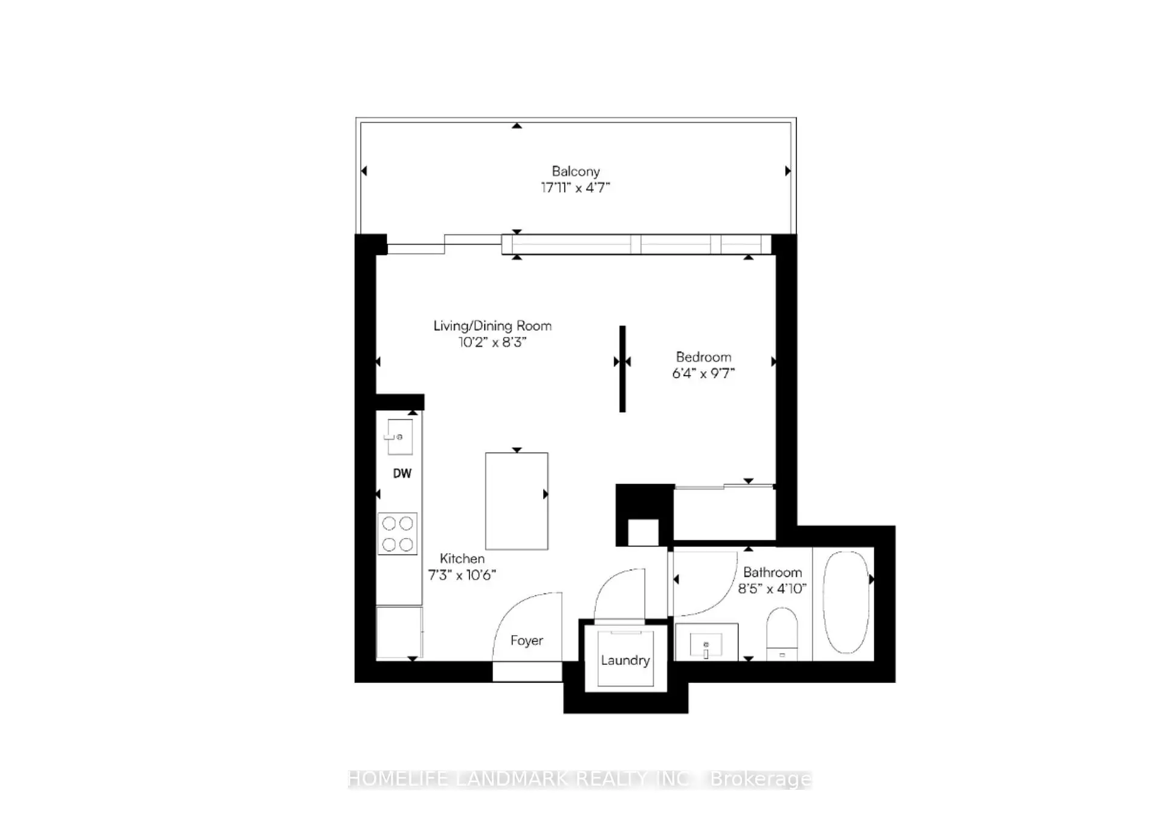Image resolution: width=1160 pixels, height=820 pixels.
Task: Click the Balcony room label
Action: [576, 171]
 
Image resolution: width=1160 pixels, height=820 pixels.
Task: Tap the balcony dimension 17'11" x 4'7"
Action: [576, 188]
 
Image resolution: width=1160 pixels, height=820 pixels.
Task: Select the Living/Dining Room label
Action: [492, 326]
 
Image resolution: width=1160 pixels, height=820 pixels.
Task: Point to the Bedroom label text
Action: [703, 357]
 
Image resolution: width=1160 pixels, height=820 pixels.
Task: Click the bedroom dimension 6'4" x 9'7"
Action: [703, 374]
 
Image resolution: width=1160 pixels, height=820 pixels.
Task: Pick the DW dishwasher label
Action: [402, 473]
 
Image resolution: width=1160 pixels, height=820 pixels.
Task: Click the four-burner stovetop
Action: [398, 534]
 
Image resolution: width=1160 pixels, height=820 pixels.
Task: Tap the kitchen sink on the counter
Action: [399, 437]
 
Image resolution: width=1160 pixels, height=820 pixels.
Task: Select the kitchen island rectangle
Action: [517, 501]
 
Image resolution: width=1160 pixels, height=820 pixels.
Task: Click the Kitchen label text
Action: [462, 559]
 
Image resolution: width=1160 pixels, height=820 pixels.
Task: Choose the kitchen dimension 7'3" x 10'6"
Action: [462, 575]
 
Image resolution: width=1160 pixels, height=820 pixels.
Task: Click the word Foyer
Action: [527, 641]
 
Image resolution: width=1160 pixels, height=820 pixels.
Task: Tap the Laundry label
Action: [625, 661]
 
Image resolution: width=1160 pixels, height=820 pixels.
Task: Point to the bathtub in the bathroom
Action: [846, 602]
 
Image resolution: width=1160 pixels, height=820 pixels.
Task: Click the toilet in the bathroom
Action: [782, 634]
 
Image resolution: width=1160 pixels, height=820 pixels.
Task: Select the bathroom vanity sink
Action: [706, 642]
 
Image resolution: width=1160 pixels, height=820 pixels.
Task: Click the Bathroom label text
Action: [773, 572]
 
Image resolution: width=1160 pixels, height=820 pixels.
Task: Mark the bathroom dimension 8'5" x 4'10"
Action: [773, 589]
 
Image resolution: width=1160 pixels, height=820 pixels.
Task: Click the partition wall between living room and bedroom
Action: [622, 369]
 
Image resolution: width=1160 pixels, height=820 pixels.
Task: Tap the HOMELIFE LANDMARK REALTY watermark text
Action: [580, 779]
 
